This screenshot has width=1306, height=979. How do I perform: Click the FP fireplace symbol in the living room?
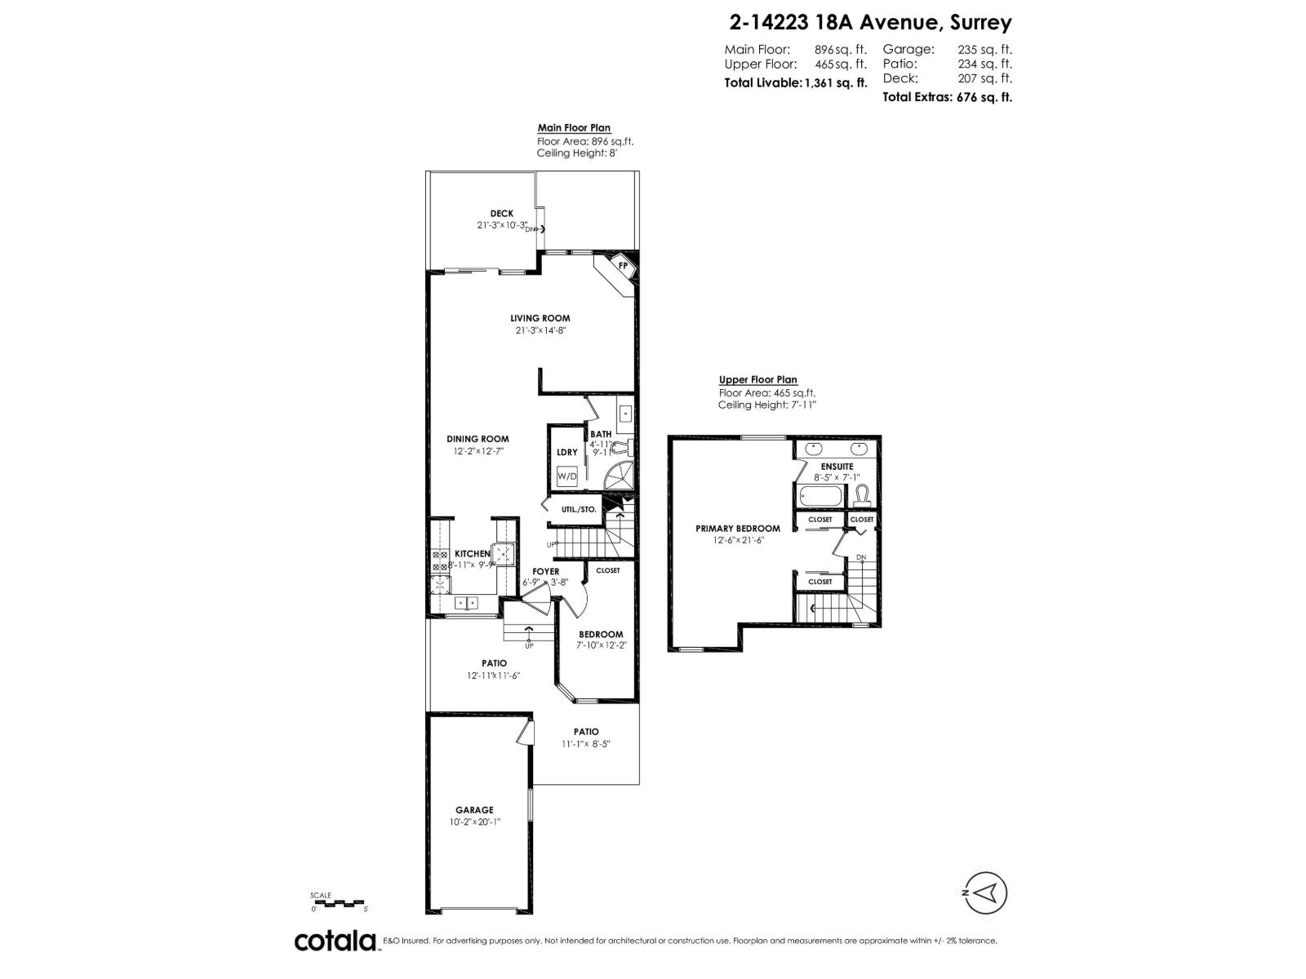(623, 265)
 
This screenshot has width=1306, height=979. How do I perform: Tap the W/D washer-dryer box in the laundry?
(566, 476)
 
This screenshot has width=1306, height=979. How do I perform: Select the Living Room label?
(540, 318)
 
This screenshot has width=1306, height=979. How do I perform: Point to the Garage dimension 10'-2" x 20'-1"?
(474, 822)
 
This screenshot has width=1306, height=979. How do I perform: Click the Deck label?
(502, 214)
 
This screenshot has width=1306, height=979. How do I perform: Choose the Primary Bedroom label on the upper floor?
(737, 528)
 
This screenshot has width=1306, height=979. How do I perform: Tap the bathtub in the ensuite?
(820, 495)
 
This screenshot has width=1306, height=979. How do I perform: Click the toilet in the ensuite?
(861, 494)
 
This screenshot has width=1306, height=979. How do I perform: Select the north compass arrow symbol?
(986, 893)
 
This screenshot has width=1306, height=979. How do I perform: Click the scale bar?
(339, 902)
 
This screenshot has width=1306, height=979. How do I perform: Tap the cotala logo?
(335, 941)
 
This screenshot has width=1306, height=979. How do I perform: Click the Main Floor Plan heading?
(574, 128)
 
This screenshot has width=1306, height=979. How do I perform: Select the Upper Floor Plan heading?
(757, 379)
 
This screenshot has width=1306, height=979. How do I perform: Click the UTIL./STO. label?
(579, 509)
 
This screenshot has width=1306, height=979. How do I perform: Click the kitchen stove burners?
(440, 560)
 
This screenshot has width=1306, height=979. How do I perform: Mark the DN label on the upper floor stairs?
(861, 558)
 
